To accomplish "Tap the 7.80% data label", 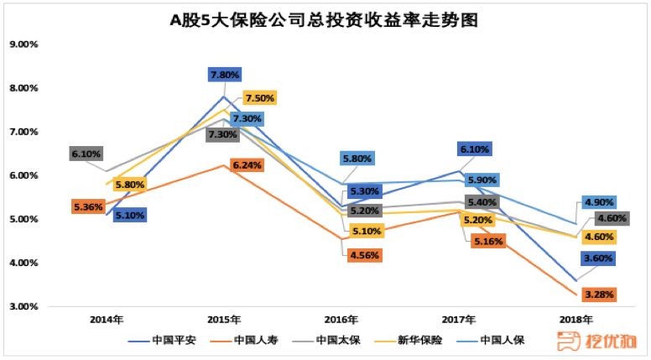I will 225,75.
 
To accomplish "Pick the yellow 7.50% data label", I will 259,97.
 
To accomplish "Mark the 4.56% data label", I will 365,254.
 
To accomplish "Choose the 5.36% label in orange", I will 87,206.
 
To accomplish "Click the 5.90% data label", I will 483,180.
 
